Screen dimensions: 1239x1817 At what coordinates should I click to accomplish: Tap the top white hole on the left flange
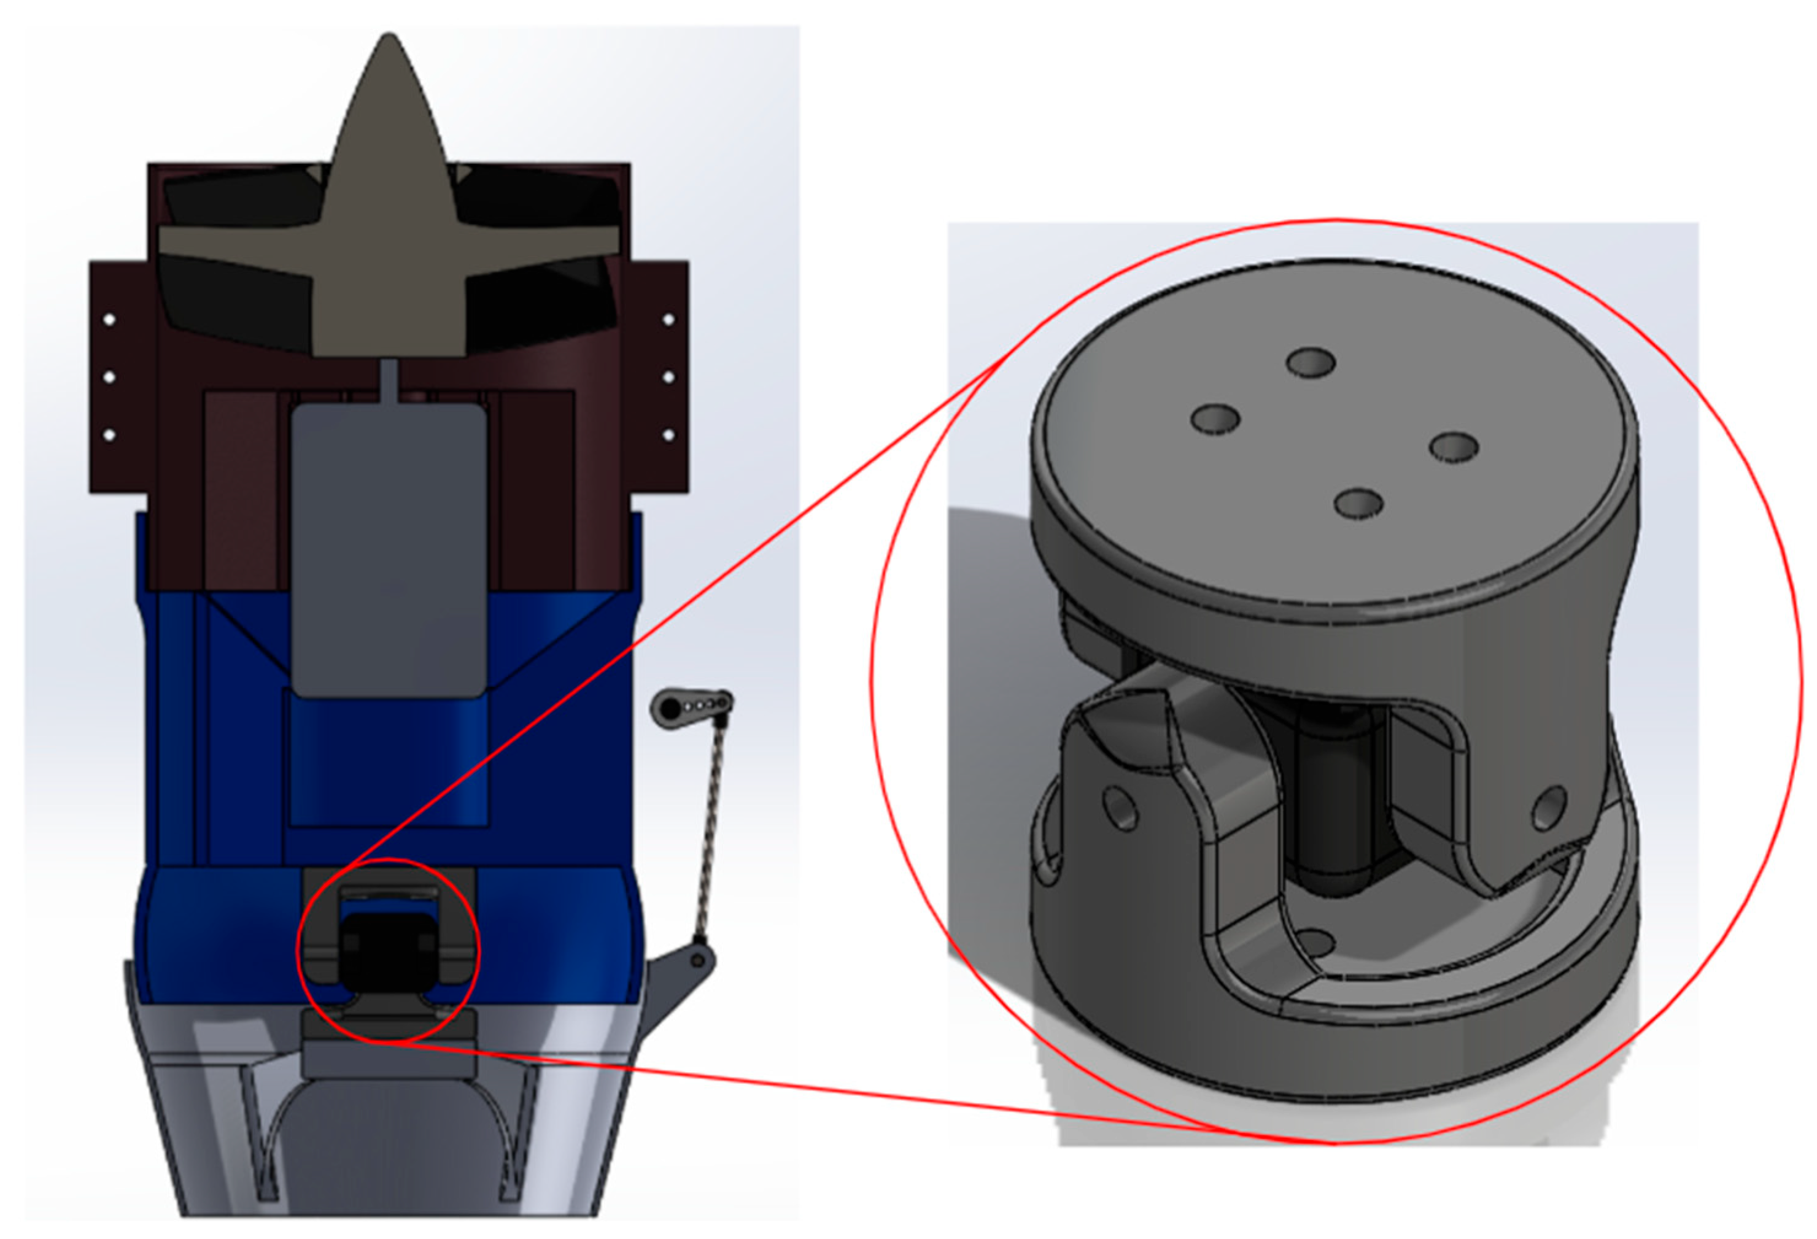pos(109,320)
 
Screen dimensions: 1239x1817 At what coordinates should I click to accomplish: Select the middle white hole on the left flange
pos(109,377)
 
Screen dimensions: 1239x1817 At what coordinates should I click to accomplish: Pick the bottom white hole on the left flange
pos(109,434)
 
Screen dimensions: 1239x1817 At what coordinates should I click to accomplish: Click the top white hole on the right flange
pos(668,320)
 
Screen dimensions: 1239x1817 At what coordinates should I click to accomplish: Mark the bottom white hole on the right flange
pos(668,434)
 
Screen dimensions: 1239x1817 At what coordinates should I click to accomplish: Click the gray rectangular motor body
pos(389,547)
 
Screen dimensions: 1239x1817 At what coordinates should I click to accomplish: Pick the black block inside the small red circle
pos(383,950)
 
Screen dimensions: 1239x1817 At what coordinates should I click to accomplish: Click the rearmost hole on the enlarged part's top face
pos(1311,361)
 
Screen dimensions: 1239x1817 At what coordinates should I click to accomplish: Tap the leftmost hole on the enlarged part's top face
pos(1215,419)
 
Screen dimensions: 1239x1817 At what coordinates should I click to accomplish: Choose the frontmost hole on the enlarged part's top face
pos(1359,503)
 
